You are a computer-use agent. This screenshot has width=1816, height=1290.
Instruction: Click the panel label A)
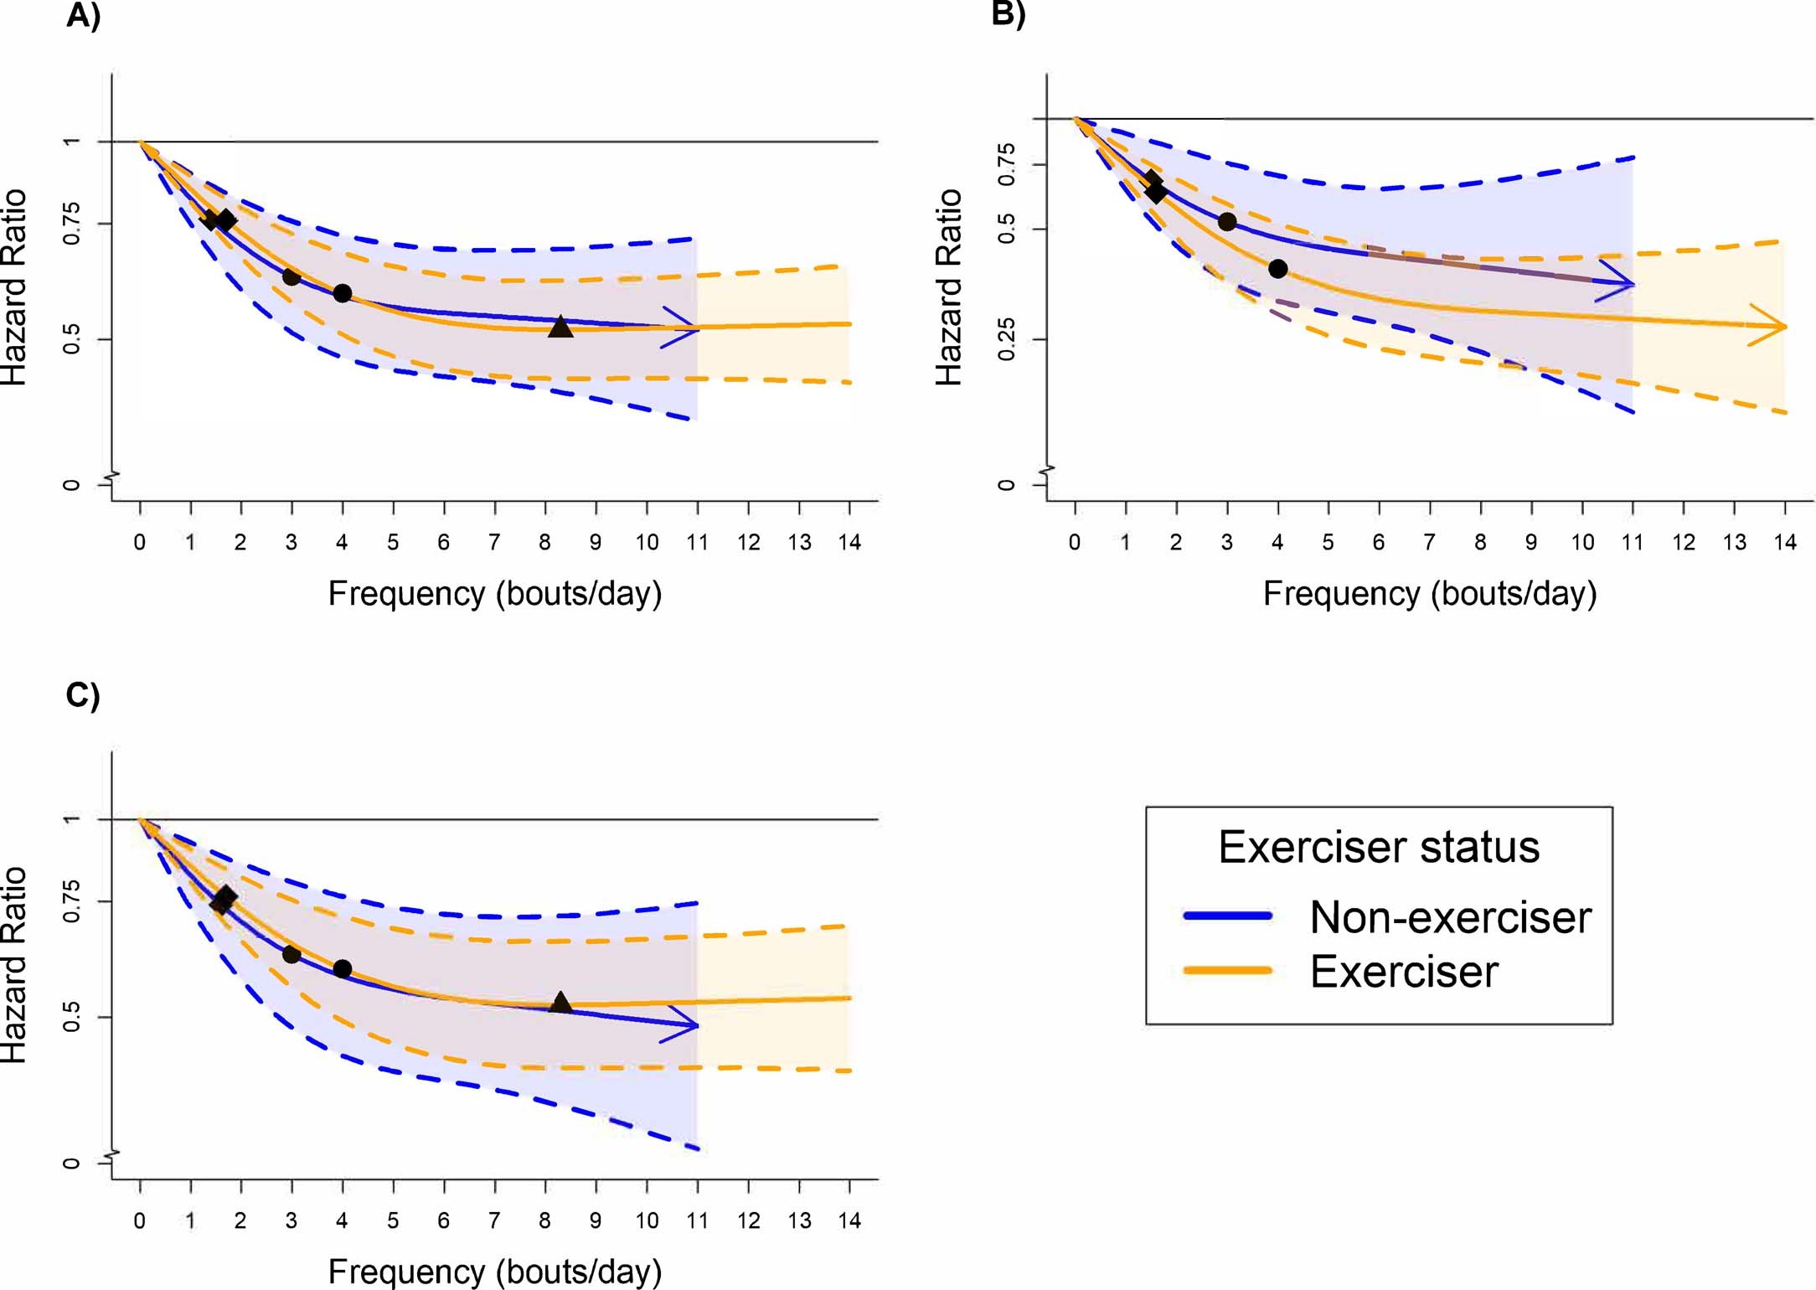point(83,16)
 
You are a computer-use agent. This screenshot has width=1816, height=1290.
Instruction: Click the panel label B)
point(1008,14)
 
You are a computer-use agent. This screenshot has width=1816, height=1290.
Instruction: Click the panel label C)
point(83,695)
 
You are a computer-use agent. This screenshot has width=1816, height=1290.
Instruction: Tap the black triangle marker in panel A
point(560,328)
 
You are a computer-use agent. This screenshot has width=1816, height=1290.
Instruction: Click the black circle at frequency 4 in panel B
point(1277,269)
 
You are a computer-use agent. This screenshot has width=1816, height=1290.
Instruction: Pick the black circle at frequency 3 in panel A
point(291,276)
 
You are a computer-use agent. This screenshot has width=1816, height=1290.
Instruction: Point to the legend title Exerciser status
point(1379,847)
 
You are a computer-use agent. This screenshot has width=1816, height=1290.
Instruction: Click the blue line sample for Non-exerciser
point(1228,916)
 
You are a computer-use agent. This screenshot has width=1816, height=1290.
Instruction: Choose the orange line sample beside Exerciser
point(1228,971)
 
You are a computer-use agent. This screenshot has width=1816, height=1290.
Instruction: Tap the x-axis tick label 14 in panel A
point(849,543)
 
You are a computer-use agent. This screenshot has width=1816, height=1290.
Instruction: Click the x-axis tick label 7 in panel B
point(1429,543)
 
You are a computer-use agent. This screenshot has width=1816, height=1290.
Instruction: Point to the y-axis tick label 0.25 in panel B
point(1006,339)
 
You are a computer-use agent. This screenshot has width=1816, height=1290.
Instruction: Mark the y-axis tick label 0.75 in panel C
point(71,901)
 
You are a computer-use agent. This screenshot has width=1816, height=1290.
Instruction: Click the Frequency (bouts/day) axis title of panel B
point(1429,593)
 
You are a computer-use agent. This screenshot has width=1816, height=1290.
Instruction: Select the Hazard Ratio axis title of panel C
point(14,965)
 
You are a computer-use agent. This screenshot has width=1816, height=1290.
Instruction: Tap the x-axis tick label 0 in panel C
point(140,1221)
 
